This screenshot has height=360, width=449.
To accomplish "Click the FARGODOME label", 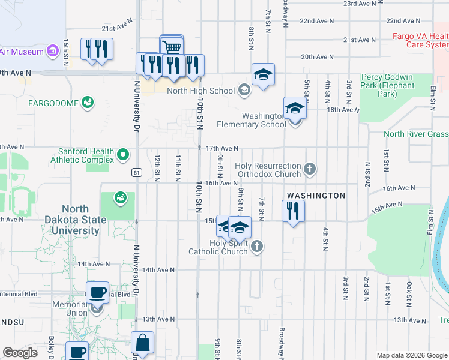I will coord(53,103).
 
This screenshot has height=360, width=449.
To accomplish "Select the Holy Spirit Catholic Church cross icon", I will coord(257,246).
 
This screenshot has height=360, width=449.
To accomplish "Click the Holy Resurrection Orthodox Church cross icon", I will coord(310,169).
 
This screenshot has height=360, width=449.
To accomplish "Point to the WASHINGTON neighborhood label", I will coord(316,196).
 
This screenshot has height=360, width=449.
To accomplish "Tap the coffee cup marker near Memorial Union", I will coord(97,293).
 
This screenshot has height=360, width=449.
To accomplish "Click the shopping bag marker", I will coord(143,344).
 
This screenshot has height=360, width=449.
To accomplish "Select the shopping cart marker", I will coord(172,47).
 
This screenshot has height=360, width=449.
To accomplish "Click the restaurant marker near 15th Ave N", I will coord(294,211).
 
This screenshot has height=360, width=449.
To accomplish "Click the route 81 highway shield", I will coord(137,173).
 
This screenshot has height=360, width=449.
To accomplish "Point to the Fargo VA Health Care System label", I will coord(420,40).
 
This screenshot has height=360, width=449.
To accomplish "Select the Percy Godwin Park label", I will coord(387,85).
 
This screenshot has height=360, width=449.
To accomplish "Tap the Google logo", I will coord(20,353).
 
